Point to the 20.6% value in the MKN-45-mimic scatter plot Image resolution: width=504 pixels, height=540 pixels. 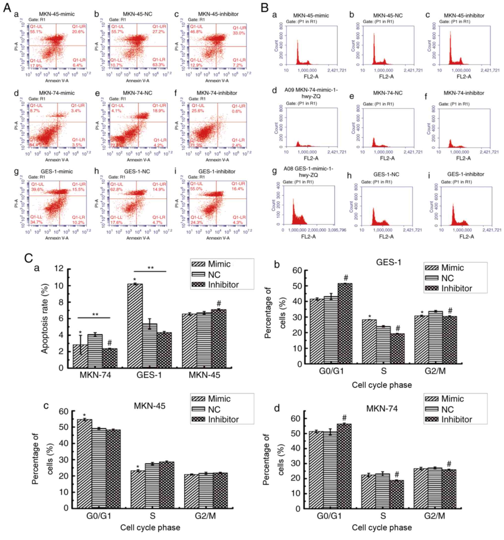coord(78,32)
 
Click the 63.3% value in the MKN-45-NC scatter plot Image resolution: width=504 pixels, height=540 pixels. coord(159,65)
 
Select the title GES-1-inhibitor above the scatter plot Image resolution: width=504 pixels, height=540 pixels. coord(217,171)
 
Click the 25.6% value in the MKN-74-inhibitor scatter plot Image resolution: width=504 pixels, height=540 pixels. coord(197,111)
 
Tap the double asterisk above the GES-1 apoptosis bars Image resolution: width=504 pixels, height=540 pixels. coord(150,268)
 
